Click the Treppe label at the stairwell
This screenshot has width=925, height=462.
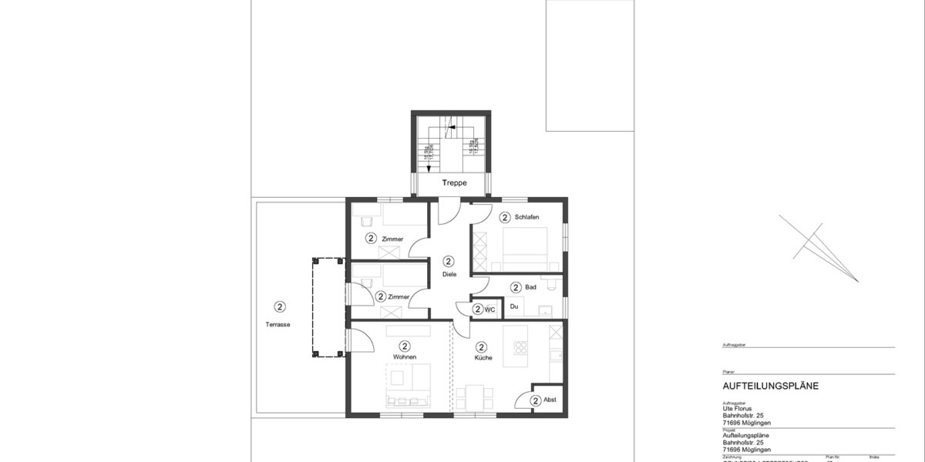click(x=456, y=184)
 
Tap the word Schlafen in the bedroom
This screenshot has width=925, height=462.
click(x=526, y=218)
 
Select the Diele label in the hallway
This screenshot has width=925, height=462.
click(x=449, y=275)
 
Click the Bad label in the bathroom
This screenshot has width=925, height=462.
click(x=530, y=287)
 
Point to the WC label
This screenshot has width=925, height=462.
click(x=489, y=310)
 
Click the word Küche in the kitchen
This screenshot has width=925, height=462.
click(x=483, y=357)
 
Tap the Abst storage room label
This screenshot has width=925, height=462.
click(x=550, y=400)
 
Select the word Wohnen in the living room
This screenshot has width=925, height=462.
click(x=405, y=357)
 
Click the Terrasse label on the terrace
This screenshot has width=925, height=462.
click(x=278, y=325)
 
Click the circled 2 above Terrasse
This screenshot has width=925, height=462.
click(x=279, y=307)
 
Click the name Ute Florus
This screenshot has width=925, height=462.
click(x=738, y=410)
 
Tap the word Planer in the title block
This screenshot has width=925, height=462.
click(x=728, y=371)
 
